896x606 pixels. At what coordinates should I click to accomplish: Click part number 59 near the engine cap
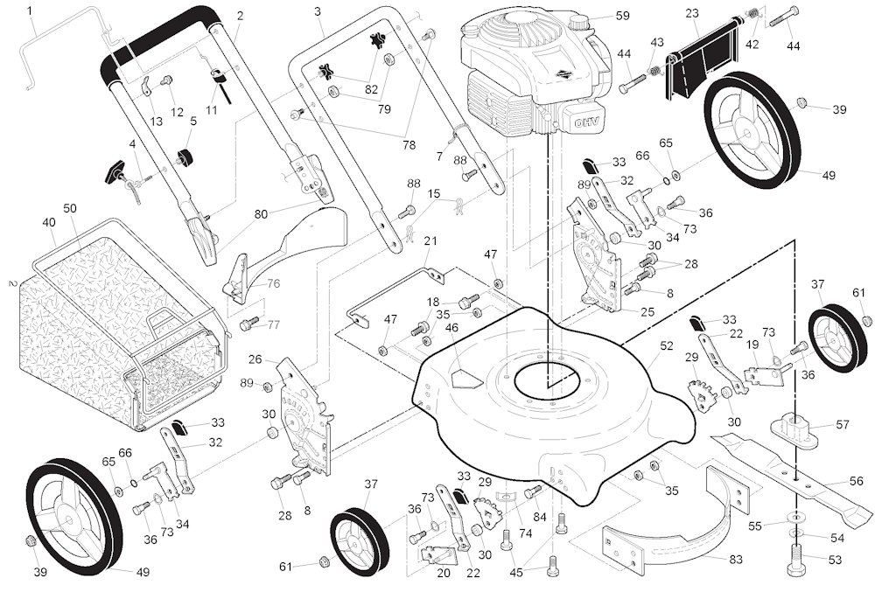(x=622, y=15)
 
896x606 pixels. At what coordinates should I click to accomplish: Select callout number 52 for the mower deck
(x=667, y=346)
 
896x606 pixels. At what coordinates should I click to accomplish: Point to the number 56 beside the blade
(x=856, y=482)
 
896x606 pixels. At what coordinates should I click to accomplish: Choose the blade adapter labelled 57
(x=800, y=430)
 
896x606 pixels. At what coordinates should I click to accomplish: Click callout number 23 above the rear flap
(x=692, y=13)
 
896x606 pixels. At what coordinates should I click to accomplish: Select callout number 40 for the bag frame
(x=49, y=222)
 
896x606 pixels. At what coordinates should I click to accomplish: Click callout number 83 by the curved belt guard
(x=735, y=558)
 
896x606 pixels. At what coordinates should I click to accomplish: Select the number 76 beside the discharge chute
(x=273, y=283)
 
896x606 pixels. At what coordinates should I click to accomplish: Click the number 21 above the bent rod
(x=430, y=240)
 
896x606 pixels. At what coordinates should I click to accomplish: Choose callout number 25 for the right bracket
(x=647, y=311)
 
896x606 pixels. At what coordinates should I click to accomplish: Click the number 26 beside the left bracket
(x=255, y=359)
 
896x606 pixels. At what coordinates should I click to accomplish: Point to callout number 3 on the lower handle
(x=317, y=10)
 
